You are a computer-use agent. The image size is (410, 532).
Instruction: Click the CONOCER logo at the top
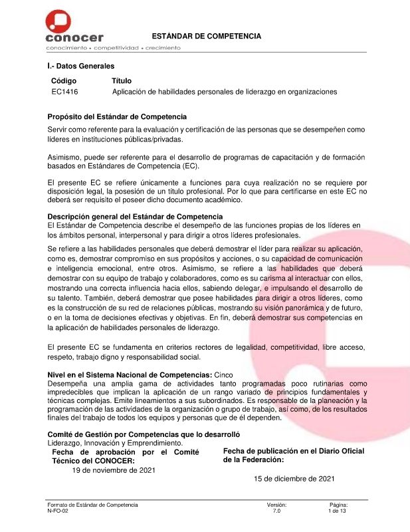coord(74,29)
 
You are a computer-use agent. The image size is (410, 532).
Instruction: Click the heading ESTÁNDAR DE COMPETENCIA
coord(207,36)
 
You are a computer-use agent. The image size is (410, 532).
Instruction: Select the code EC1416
coord(64,92)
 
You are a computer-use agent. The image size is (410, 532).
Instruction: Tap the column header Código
coord(64,80)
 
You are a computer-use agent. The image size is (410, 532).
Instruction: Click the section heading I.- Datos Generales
coord(80,66)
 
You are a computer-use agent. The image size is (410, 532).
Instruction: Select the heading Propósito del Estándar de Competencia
coord(117,117)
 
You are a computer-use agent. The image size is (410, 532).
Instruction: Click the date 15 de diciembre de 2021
coord(294,478)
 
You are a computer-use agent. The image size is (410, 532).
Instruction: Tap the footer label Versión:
coord(276,505)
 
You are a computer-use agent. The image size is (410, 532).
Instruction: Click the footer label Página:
coord(338,505)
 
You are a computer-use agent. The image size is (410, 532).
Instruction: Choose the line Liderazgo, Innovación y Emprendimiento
coord(115,443)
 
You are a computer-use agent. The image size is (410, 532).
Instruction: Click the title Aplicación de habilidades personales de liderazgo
coord(225,92)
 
